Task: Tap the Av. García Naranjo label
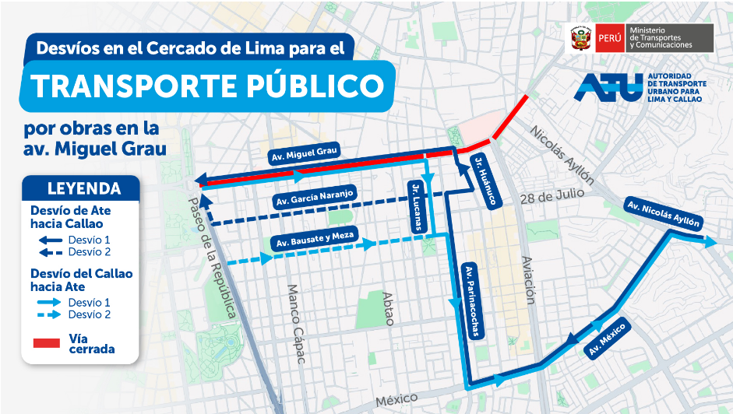pyautogui.click(x=315, y=198)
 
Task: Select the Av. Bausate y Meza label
pyautogui.click(x=313, y=238)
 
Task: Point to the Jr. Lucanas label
pyautogui.click(x=418, y=205)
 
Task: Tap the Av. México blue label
pyautogui.click(x=607, y=338)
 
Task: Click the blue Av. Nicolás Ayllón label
pyautogui.click(x=663, y=213)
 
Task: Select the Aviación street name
pyautogui.click(x=528, y=280)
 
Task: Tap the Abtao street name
pyautogui.click(x=387, y=308)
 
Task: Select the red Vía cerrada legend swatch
pyautogui.click(x=47, y=342)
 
